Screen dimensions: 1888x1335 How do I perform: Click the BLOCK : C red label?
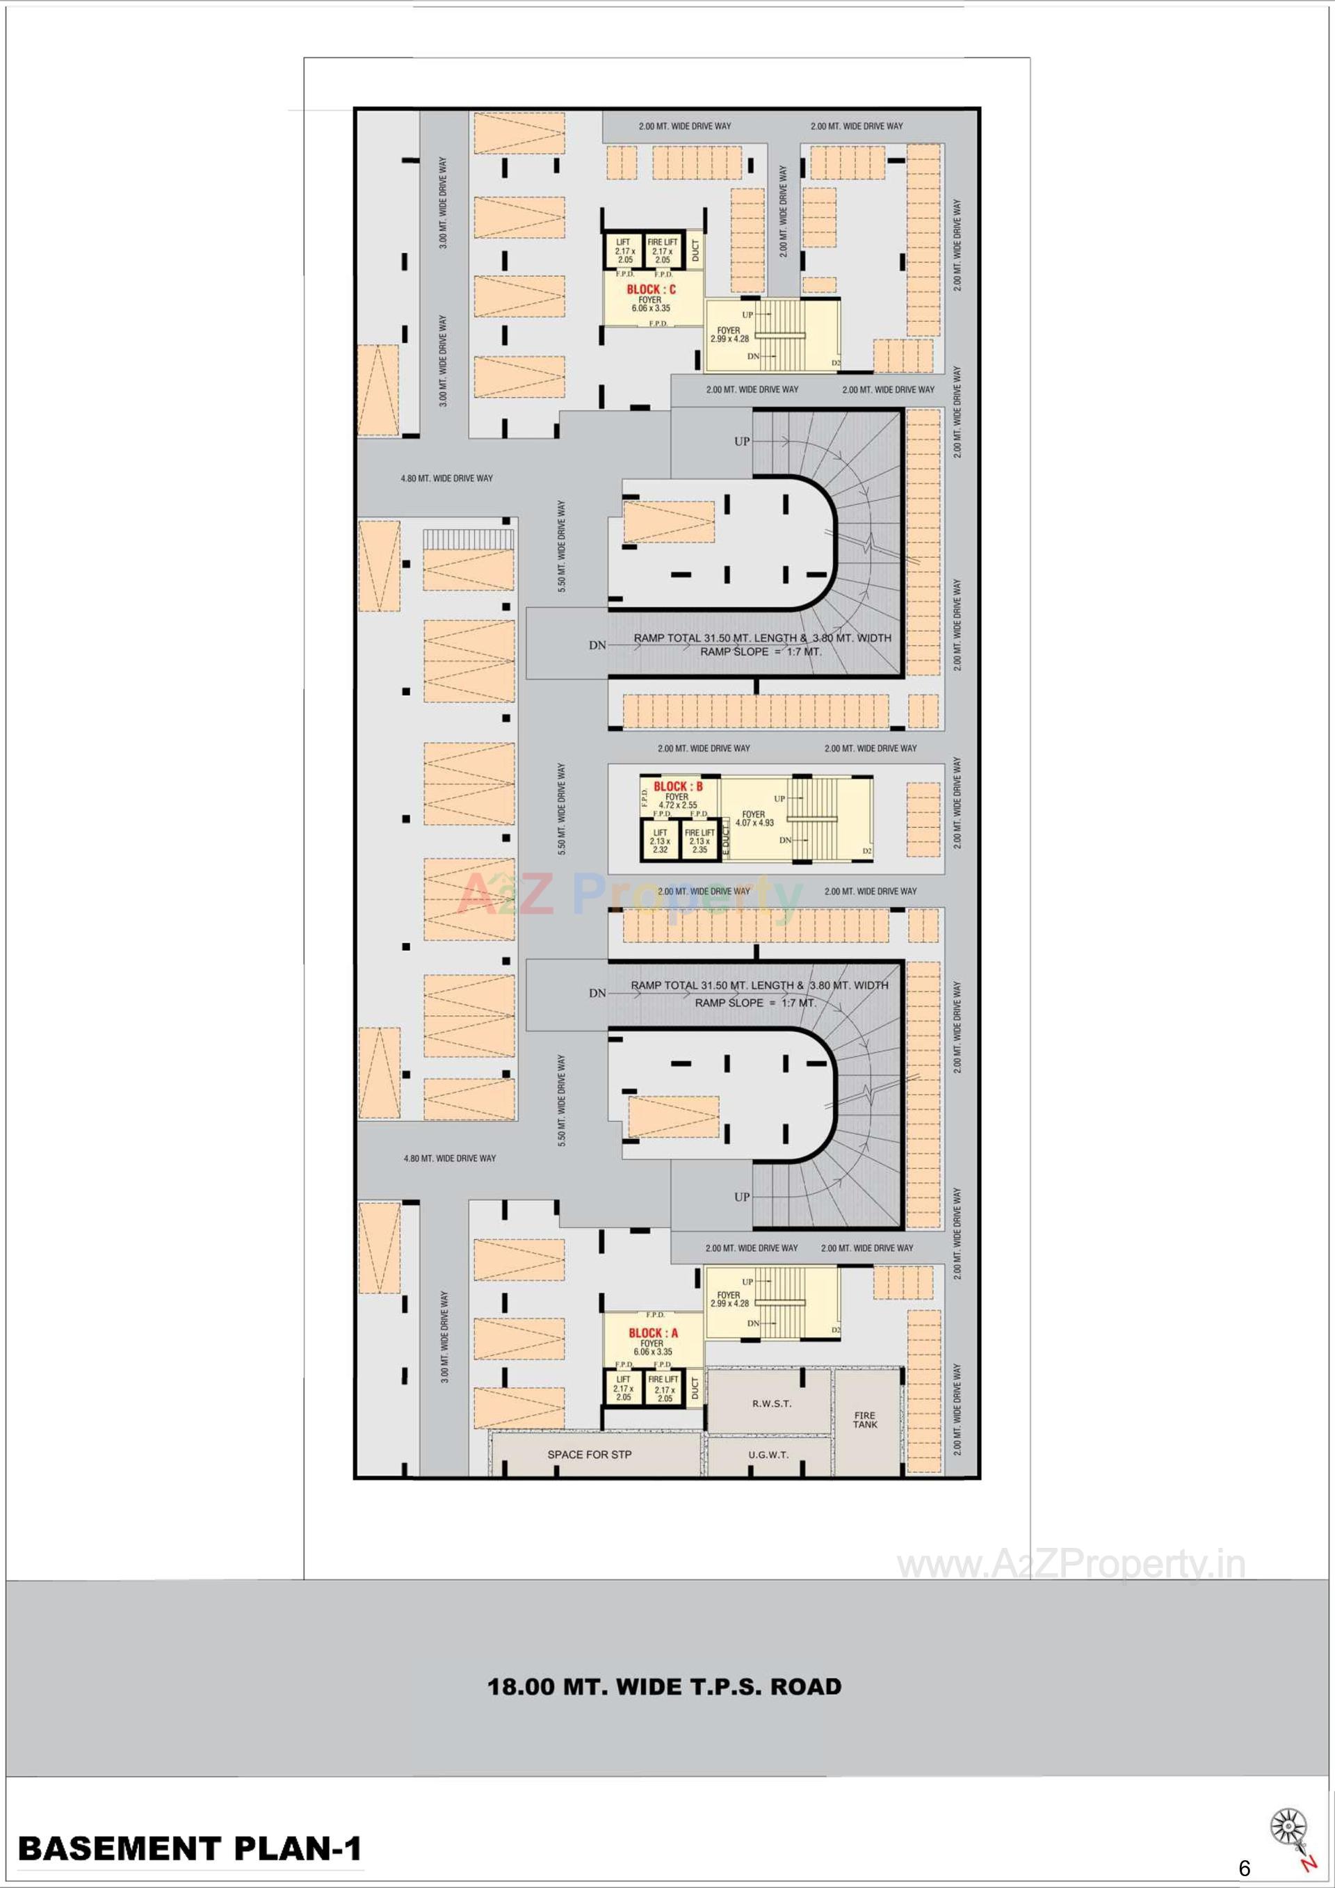click(651, 289)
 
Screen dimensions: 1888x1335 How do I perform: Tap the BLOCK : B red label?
click(678, 787)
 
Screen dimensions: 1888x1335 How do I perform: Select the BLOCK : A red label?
click(654, 1333)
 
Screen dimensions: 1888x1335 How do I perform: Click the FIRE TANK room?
click(865, 1420)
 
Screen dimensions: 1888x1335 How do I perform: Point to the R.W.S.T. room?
click(771, 1404)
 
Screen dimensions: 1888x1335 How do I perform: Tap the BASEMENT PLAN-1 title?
click(190, 1848)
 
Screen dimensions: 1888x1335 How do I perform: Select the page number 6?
click(1244, 1869)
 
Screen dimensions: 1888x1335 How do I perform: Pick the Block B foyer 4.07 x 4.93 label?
click(754, 818)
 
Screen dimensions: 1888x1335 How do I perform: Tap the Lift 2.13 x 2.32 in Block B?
click(660, 841)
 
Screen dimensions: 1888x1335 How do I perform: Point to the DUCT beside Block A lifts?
click(695, 1389)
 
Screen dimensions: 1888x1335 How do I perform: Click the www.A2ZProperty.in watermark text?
click(1070, 1567)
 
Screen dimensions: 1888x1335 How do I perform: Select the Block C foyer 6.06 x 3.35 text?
click(650, 305)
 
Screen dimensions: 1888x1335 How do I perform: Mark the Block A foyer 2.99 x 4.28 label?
click(729, 1299)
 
